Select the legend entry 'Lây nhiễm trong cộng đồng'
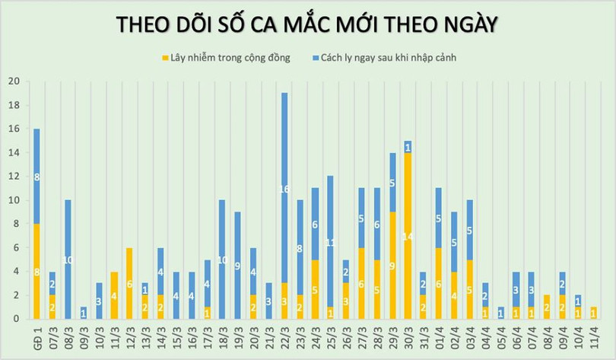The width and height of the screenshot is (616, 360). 225,58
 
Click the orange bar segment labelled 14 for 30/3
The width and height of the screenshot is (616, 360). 408,236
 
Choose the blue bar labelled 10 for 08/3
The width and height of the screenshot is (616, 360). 68,260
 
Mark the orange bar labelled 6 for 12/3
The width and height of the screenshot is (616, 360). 129,283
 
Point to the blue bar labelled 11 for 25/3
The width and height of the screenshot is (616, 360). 330,241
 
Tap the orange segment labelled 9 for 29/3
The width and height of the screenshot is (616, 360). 392,266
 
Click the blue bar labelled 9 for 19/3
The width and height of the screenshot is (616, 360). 238,265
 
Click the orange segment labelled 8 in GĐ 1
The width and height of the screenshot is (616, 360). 36,271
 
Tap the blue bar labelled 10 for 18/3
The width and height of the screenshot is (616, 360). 222,260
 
